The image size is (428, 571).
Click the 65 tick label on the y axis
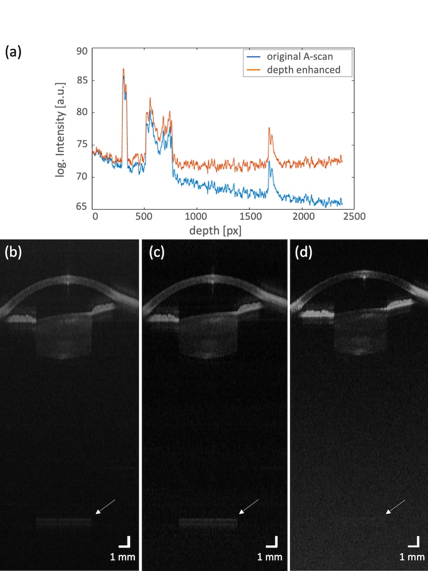click(82, 207)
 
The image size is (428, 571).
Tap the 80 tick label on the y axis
click(82, 113)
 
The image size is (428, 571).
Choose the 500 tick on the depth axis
click(144, 217)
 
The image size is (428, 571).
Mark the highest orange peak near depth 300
click(123, 69)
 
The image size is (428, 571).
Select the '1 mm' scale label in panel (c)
click(269, 557)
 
